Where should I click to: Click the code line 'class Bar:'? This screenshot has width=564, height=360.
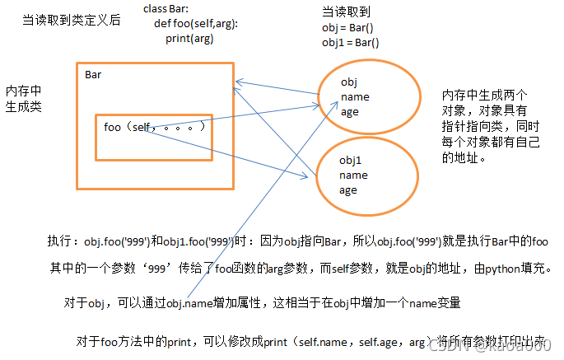pyautogui.click(x=166, y=8)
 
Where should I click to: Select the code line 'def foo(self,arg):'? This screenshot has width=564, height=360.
pyautogui.click(x=196, y=23)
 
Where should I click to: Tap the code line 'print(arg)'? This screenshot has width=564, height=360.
pyautogui.click(x=189, y=38)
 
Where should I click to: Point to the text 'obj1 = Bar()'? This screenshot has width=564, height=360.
pyautogui.click(x=351, y=42)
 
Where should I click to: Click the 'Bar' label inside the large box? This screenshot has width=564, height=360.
pyautogui.click(x=93, y=75)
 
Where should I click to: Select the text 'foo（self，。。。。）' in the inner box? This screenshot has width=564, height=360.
pyautogui.click(x=154, y=128)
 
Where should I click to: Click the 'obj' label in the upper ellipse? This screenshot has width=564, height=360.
pyautogui.click(x=349, y=82)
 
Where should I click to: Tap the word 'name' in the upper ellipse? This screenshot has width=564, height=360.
pyautogui.click(x=354, y=96)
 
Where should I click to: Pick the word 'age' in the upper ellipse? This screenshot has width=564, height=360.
pyautogui.click(x=349, y=111)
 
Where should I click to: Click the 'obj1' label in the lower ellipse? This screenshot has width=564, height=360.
pyautogui.click(x=352, y=160)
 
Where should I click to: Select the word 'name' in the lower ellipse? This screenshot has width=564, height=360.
pyautogui.click(x=353, y=175)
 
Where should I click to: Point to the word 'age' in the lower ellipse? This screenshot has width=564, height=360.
pyautogui.click(x=348, y=189)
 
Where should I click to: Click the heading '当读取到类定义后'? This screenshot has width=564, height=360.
pyautogui.click(x=72, y=19)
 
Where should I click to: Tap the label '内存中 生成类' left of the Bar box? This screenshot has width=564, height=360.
pyautogui.click(x=23, y=98)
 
